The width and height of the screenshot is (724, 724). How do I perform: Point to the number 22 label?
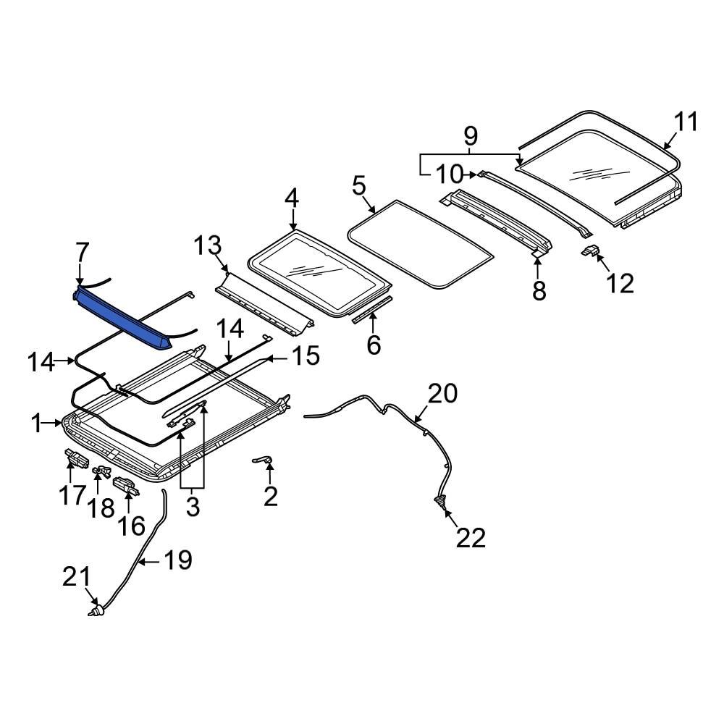click(x=470, y=538)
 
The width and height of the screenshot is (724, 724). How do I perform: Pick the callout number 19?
click(x=177, y=560)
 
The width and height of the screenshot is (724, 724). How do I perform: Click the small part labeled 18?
click(x=101, y=471)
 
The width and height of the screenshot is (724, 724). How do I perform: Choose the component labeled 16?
click(x=126, y=486)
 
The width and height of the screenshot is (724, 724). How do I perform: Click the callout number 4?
click(x=291, y=198)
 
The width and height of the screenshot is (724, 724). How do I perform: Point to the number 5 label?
click(x=359, y=186)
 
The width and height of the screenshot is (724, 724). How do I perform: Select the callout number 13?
click(x=209, y=246)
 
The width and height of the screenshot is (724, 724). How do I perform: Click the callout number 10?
click(x=448, y=174)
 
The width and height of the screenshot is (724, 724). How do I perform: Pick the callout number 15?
click(x=306, y=357)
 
